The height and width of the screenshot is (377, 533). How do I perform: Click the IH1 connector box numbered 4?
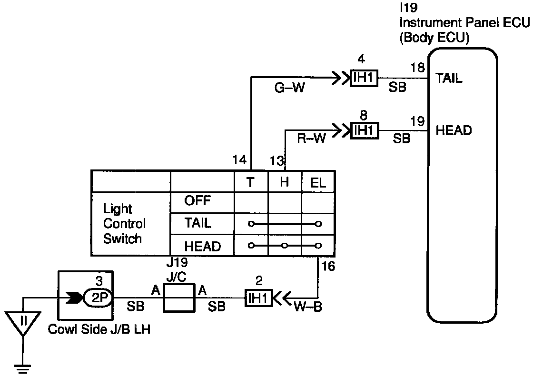pos(364,78)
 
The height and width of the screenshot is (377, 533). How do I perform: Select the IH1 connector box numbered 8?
pos(365,130)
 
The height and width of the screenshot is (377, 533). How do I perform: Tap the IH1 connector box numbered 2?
pos(259,298)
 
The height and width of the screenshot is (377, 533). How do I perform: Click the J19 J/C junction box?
pos(179,298)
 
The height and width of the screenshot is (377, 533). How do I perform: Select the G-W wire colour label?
pos(290,88)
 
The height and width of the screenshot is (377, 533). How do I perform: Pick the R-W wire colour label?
pos(312,139)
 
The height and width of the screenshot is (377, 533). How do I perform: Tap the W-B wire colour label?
pos(308,307)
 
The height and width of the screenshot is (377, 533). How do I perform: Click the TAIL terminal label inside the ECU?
pos(449,79)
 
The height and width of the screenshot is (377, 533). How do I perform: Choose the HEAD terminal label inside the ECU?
pos(454,130)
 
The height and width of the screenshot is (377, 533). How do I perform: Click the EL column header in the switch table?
pos(318,183)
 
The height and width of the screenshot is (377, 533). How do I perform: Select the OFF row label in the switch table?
pos(197,200)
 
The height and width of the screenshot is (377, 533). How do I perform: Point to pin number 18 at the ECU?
pos(418,68)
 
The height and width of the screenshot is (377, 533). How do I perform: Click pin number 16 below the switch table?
pos(328,266)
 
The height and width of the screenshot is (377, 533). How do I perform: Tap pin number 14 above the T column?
pos(240,159)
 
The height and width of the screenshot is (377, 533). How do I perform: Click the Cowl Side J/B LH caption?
pos(99,329)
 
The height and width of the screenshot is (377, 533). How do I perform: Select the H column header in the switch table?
pos(285,183)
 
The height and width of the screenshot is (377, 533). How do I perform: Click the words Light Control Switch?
pos(124,223)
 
